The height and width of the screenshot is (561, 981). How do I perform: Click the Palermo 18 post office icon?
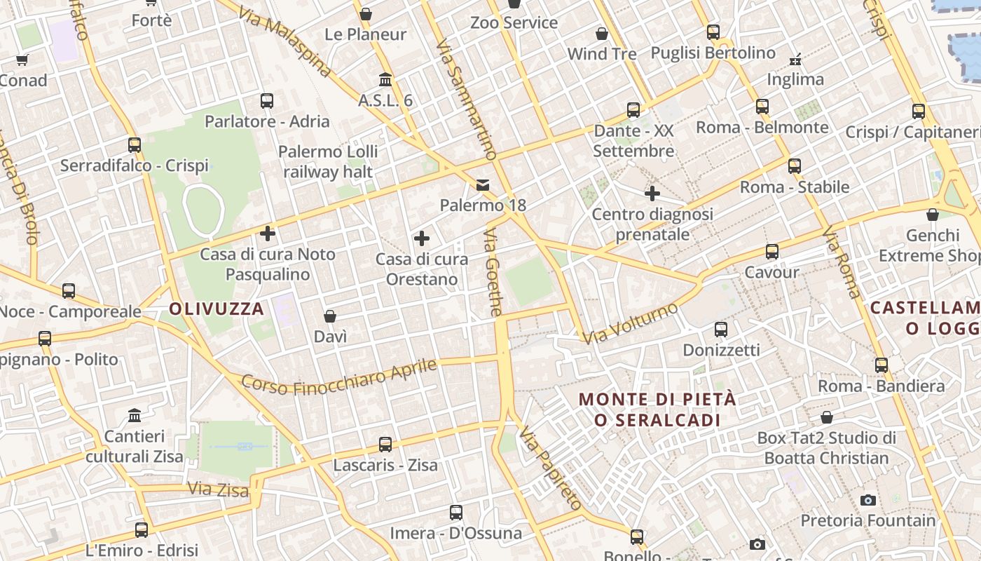[x=483, y=185]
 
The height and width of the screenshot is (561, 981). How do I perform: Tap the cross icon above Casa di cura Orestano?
[x=422, y=238]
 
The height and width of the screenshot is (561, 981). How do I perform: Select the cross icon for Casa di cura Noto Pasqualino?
[x=268, y=234]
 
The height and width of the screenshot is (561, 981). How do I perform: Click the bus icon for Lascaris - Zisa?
[x=385, y=445]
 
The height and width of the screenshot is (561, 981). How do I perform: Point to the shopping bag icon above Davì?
[x=330, y=317]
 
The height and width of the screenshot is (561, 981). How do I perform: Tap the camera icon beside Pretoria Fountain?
[x=868, y=500]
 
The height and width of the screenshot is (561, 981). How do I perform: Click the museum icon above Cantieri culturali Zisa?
[x=135, y=416]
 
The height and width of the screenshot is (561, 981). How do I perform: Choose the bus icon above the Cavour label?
[x=772, y=252]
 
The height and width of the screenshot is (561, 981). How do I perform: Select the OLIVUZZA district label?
[x=217, y=309]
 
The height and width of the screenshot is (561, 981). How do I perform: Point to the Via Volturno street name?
[x=631, y=323]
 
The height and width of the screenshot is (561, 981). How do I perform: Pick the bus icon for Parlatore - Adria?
[x=267, y=101]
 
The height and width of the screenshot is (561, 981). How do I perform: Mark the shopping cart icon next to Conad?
[x=22, y=60]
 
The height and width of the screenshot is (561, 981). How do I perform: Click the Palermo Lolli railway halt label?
[x=328, y=161]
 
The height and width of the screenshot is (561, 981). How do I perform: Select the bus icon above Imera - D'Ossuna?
[x=456, y=513]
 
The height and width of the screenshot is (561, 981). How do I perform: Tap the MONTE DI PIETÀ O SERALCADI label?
[x=657, y=410]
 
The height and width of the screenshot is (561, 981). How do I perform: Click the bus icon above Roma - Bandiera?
[x=881, y=365]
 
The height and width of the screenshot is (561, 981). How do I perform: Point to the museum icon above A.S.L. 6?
[x=385, y=79]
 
